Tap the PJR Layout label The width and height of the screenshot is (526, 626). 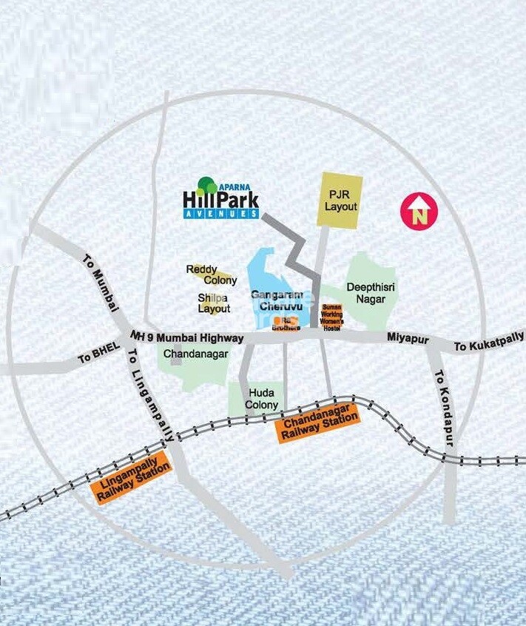(x=340, y=199)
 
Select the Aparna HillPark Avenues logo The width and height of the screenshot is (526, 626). (x=220, y=198)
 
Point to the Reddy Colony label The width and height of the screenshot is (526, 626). (x=212, y=275)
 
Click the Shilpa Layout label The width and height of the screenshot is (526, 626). (x=214, y=303)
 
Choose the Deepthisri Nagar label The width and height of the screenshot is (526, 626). (x=366, y=292)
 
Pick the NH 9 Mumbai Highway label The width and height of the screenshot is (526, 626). (x=186, y=337)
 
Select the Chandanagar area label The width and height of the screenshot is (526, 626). (x=194, y=354)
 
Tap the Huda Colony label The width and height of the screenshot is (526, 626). (x=263, y=399)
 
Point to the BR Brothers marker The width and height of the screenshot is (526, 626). (x=284, y=323)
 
